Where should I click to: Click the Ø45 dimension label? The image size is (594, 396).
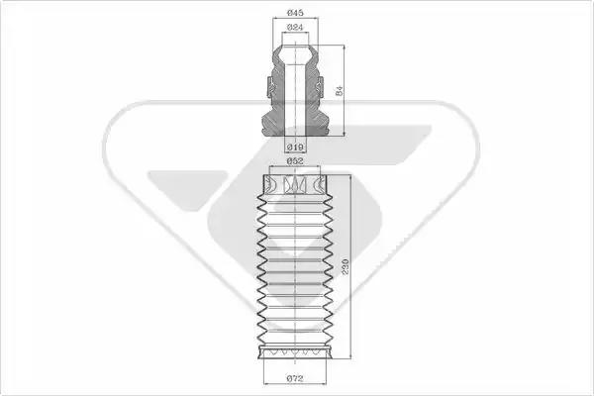(295, 13)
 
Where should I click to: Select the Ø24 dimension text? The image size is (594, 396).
(295, 28)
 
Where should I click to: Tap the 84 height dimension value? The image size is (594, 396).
(340, 90)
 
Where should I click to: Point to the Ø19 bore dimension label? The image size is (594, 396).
(295, 148)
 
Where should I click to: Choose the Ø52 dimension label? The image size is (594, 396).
(295, 161)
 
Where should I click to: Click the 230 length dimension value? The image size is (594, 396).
(345, 266)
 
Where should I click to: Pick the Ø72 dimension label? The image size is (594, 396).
(295, 378)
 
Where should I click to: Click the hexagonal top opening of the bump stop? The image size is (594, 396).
(295, 54)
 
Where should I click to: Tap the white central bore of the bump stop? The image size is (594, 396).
(295, 99)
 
